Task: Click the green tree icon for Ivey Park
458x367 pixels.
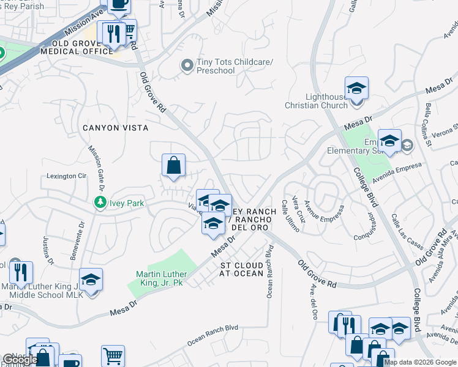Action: click(99, 202)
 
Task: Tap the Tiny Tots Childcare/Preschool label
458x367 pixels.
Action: click(215, 67)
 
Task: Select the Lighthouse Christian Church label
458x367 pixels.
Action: click(317, 101)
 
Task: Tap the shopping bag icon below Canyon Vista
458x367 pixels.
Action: click(174, 165)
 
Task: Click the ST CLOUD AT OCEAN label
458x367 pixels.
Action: click(242, 269)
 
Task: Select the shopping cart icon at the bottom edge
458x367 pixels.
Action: click(113, 355)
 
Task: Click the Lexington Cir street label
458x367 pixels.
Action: click(67, 176)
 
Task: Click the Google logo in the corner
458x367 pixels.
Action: click(20, 360)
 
